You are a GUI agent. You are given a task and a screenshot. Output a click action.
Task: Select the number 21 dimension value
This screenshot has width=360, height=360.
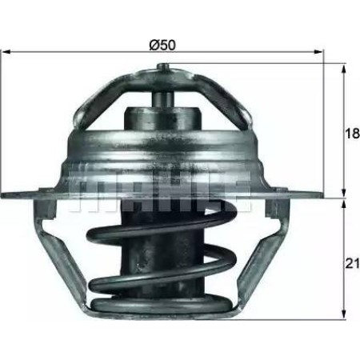[350, 262]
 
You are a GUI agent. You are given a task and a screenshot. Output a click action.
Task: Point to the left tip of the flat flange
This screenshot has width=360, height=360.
[6, 194]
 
